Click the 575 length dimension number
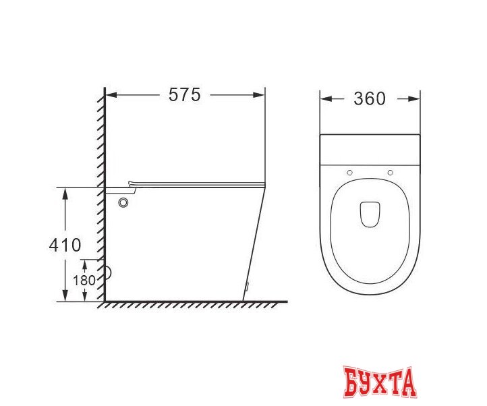[184, 95]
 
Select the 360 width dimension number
[370, 98]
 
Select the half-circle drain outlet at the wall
[109, 274]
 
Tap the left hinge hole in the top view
[349, 173]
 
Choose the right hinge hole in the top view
[391, 173]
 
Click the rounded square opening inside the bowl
[370, 214]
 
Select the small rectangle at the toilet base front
[247, 287]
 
